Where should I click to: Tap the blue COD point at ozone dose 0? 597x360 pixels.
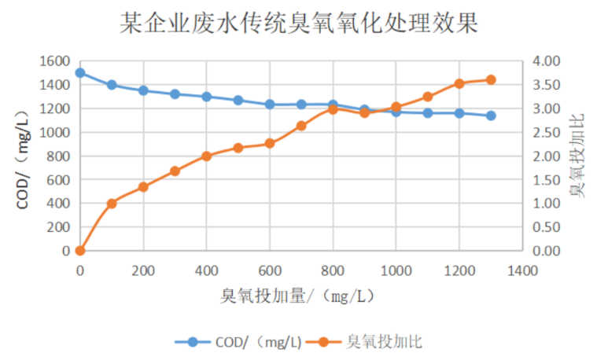80,73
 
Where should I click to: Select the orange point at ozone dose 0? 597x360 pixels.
80,251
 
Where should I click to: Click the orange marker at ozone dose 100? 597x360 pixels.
112,204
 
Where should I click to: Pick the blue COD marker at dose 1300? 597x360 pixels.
491,116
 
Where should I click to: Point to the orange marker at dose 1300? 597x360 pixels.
491,79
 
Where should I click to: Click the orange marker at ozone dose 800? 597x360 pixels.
333,109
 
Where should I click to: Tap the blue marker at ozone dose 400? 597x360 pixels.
206,97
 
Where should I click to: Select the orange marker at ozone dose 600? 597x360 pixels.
270,143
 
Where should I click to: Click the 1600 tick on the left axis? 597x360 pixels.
55,61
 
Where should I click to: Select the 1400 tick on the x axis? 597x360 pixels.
522,270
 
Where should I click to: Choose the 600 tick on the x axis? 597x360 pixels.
270,270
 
